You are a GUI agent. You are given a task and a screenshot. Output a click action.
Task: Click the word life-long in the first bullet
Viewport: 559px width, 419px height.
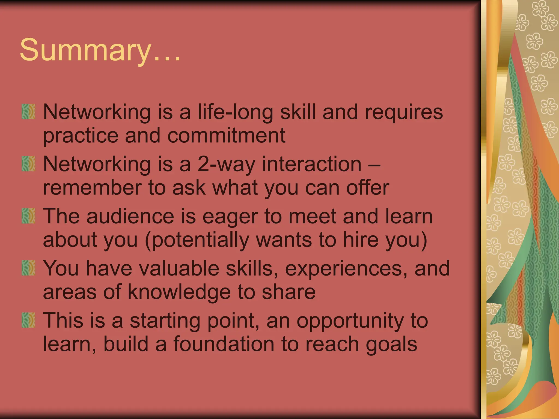(235, 112)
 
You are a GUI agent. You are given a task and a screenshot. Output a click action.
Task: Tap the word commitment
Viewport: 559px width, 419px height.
(226, 136)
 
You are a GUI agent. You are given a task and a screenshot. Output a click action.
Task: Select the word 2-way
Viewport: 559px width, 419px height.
(226, 165)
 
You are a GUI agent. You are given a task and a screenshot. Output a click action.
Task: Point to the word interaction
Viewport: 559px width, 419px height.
(311, 164)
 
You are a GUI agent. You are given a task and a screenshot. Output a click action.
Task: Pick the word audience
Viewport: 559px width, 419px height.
(130, 216)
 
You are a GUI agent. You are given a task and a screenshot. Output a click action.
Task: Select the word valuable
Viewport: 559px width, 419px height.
(179, 268)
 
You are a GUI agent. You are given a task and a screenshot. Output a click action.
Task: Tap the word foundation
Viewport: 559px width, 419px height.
(224, 344)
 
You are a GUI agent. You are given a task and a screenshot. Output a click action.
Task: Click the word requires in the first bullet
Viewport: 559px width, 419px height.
(404, 112)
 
